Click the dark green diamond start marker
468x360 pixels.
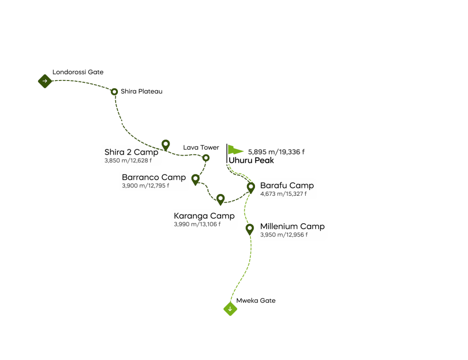(44, 81)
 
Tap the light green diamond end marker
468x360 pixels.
(230, 309)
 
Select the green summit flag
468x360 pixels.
(235, 150)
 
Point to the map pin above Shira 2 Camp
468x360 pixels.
(166, 145)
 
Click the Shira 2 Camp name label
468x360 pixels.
(131, 152)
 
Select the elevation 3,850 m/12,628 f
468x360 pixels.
(128, 161)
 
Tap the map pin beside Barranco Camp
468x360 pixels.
(196, 179)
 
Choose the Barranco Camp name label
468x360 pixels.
(154, 177)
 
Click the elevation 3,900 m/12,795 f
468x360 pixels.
(145, 186)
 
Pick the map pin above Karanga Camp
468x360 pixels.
(221, 199)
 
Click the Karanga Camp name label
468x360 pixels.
(204, 216)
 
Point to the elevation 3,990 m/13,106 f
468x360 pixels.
(197, 225)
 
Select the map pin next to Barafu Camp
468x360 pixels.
(250, 187)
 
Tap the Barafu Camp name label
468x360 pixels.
(287, 186)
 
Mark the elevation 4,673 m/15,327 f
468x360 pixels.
(283, 194)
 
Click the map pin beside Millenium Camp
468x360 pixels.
(250, 228)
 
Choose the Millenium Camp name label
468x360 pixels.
(292, 226)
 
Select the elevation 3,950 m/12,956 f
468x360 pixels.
(284, 235)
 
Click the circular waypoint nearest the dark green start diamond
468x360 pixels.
(114, 91)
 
